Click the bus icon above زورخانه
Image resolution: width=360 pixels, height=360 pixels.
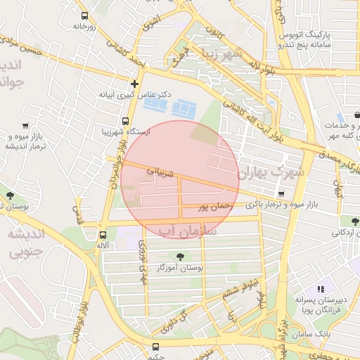pyautogui.click(x=85, y=15)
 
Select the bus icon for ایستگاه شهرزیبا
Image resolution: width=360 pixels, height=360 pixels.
pyautogui.click(x=126, y=121)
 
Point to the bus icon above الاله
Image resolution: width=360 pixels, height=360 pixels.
pyautogui.click(x=103, y=235)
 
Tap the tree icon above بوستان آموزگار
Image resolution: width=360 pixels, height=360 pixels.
pyautogui.click(x=181, y=256)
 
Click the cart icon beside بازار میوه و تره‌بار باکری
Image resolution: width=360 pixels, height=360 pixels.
pyautogui.click(x=281, y=194)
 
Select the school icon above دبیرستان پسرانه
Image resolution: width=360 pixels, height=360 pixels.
pyautogui.click(x=321, y=288)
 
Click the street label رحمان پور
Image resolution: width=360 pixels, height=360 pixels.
pyautogui.click(x=214, y=206)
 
